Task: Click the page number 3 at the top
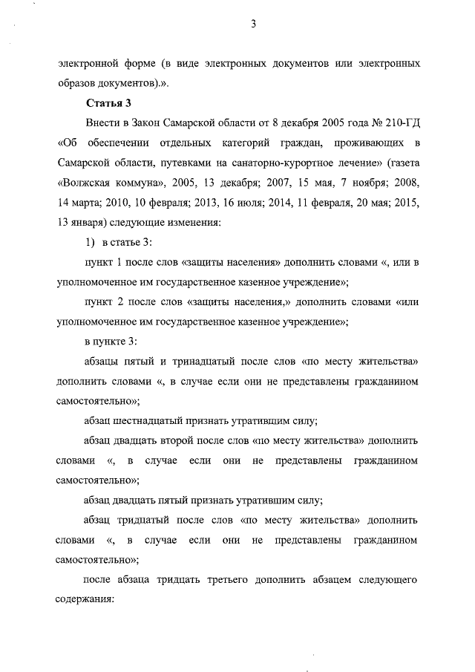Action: click(x=253, y=24)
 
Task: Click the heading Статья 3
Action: click(x=110, y=102)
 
